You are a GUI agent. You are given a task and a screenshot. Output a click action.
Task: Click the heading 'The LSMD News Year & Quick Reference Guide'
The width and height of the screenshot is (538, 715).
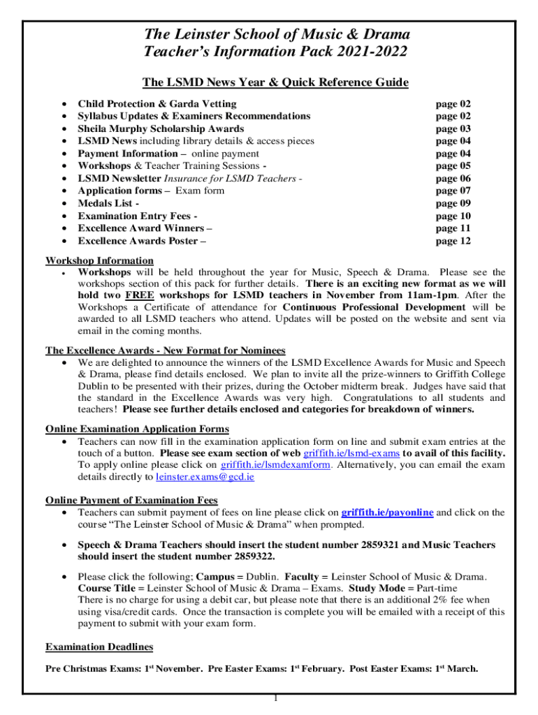click(275, 82)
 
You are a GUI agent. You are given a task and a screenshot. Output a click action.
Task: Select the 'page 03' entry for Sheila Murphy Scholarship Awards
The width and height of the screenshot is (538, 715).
click(453, 128)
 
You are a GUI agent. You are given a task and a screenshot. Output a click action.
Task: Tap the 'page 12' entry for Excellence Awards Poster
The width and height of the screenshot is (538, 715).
click(453, 241)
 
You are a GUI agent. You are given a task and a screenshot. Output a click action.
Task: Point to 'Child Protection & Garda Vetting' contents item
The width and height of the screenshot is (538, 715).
click(157, 103)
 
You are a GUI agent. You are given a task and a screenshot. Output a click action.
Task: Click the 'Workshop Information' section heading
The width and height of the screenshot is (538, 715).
click(99, 260)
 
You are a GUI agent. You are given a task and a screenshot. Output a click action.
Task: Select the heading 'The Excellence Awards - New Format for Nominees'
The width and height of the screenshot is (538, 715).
click(165, 350)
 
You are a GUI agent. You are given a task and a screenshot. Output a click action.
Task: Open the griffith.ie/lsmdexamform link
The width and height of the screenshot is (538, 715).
click(275, 465)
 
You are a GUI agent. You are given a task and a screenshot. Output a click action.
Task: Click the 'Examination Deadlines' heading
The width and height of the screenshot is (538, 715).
click(99, 646)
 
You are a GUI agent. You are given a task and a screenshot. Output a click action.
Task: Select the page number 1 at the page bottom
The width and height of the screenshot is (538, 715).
click(276, 698)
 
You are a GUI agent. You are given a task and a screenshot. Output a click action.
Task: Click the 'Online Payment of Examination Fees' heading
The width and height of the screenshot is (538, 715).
click(131, 500)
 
